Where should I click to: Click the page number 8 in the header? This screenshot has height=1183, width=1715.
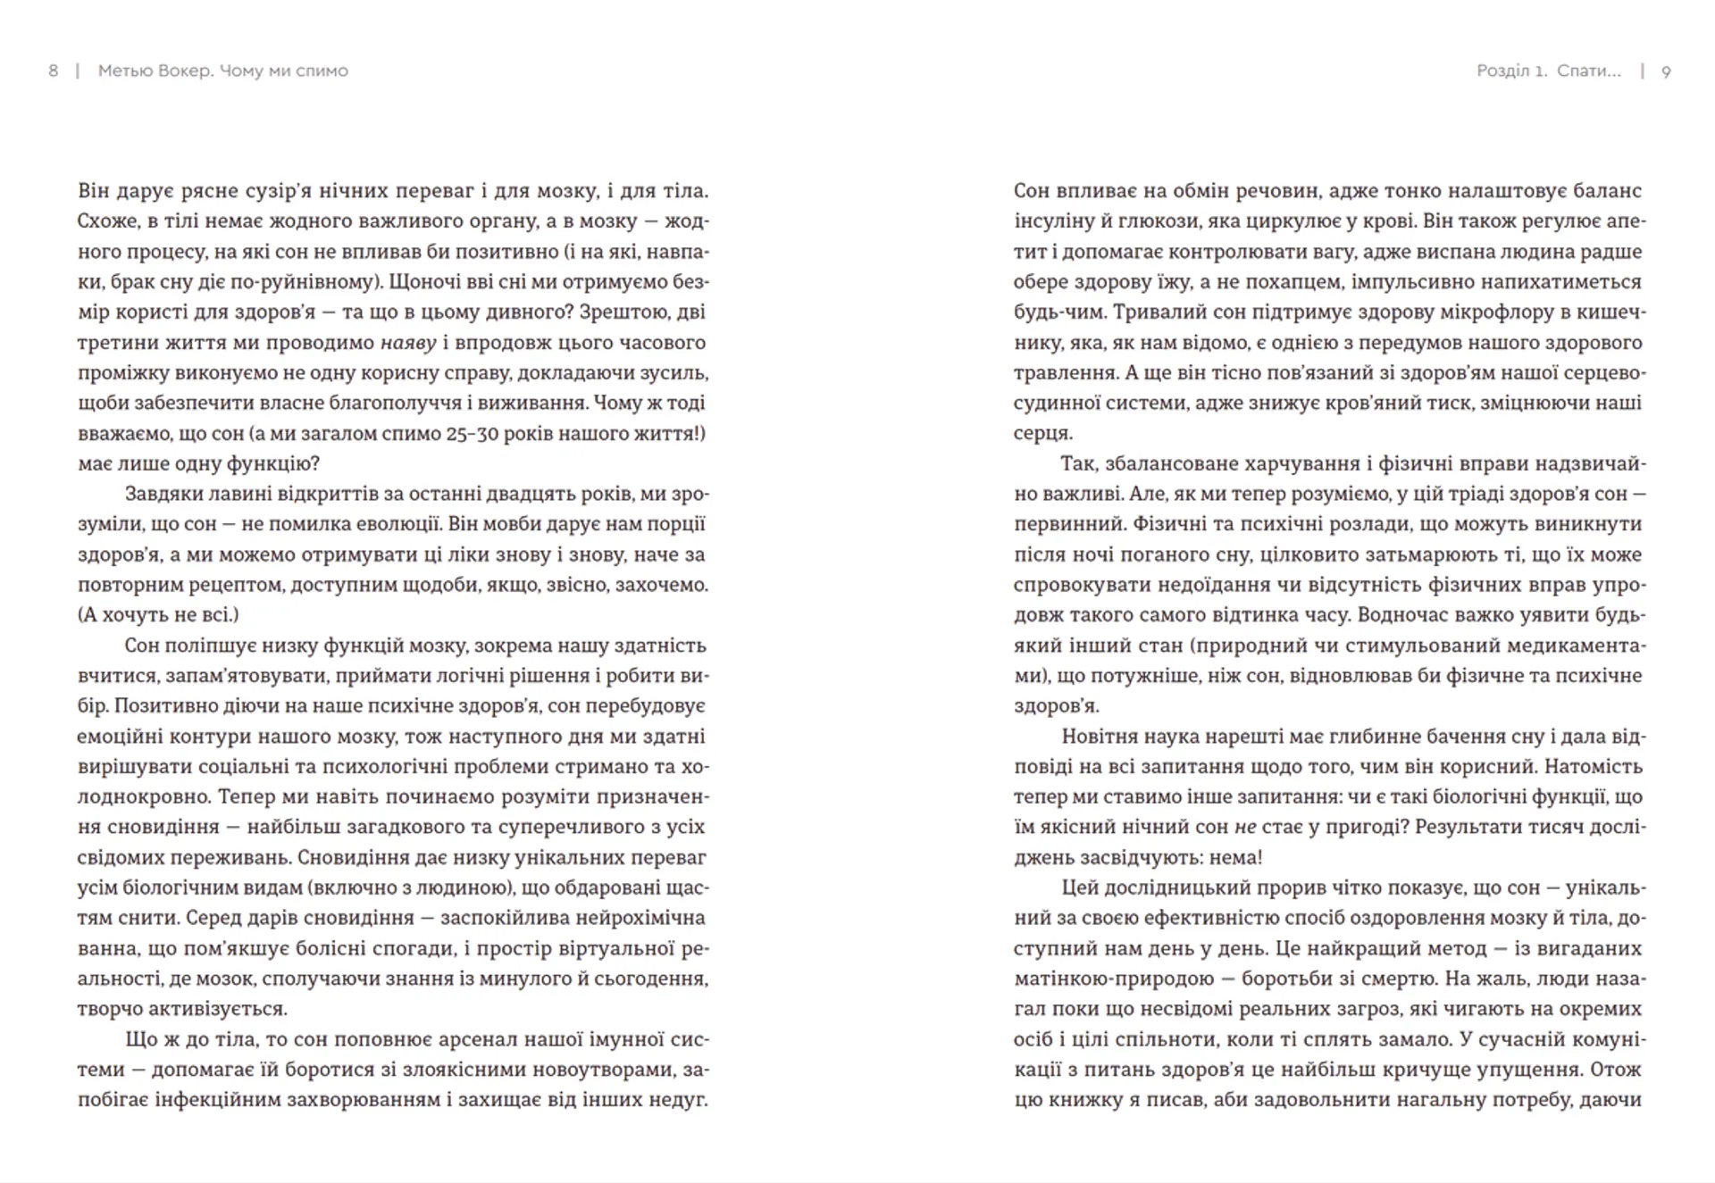point(53,71)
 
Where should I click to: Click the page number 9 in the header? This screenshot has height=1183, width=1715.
point(1666,71)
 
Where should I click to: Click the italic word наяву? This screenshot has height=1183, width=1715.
point(408,343)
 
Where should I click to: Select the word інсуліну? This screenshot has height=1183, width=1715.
point(1054,221)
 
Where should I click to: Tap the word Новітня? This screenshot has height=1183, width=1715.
point(1102,737)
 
